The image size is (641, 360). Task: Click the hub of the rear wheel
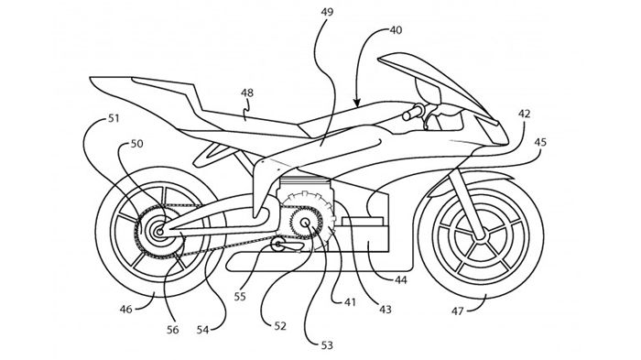click(158, 234)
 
